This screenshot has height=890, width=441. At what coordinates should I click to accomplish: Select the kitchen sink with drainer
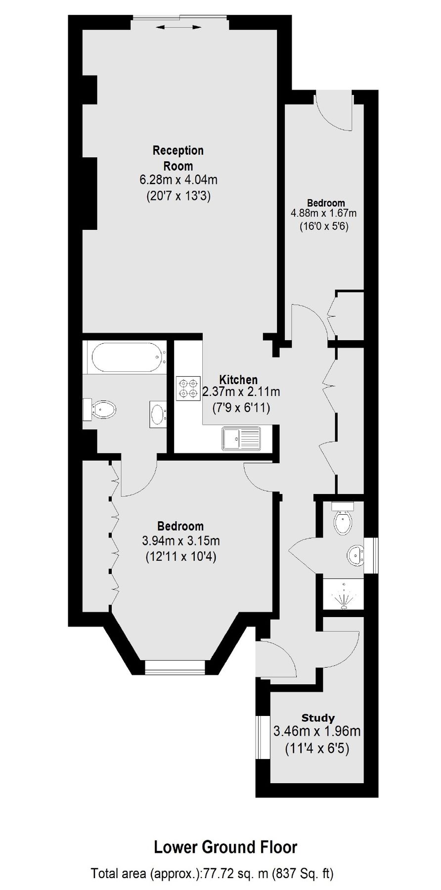click(241, 438)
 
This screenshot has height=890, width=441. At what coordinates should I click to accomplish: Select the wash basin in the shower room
click(355, 555)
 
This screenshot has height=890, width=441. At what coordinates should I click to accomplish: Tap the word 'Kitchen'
click(239, 380)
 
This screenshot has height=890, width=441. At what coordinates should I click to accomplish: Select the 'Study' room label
click(318, 717)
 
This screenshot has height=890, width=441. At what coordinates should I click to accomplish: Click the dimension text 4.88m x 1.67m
click(324, 214)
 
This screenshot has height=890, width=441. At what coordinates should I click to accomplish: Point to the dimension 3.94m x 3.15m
click(181, 541)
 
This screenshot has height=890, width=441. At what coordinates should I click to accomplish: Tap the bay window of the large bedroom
click(176, 667)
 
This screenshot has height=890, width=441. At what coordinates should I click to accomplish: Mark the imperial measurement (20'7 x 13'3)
click(178, 196)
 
